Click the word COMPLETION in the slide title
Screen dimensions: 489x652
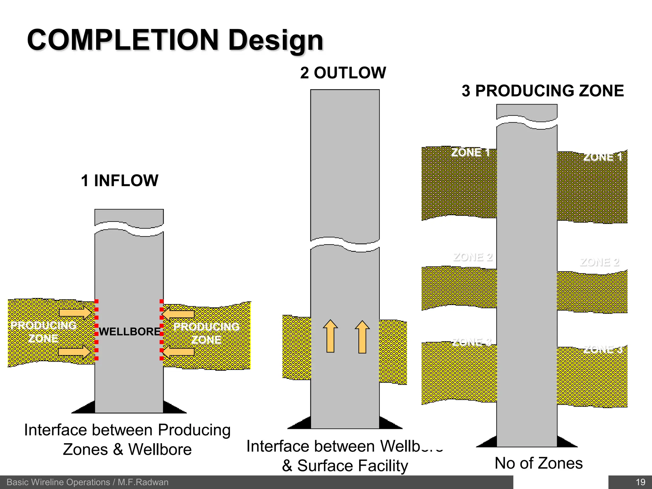click(123, 40)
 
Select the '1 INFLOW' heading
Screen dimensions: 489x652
click(119, 181)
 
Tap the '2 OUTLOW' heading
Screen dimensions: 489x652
click(343, 73)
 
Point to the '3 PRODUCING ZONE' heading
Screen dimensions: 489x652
click(542, 91)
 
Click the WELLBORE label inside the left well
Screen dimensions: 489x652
click(130, 331)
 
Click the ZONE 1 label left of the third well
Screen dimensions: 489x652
click(470, 152)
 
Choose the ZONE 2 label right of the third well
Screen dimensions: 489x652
click(599, 262)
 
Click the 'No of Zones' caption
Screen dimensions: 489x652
click(539, 463)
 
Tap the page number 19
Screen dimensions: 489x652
click(641, 482)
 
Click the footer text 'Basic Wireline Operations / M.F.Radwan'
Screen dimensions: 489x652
click(88, 482)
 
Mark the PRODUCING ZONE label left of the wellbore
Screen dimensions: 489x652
click(43, 332)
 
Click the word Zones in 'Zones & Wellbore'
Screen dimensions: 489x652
click(85, 450)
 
